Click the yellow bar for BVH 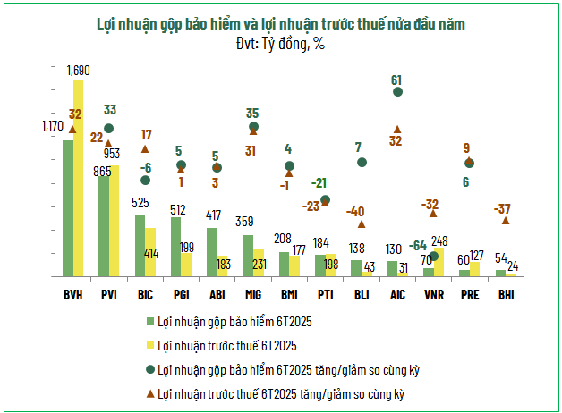click(x=79, y=179)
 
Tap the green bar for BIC click(x=140, y=246)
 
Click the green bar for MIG click(x=248, y=256)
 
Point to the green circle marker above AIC click(x=397, y=92)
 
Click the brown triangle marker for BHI click(x=506, y=220)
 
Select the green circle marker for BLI click(x=362, y=163)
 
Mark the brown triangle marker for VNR click(x=433, y=213)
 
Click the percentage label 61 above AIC click(x=397, y=80)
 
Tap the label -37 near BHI click(x=502, y=208)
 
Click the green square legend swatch click(x=149, y=321)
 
